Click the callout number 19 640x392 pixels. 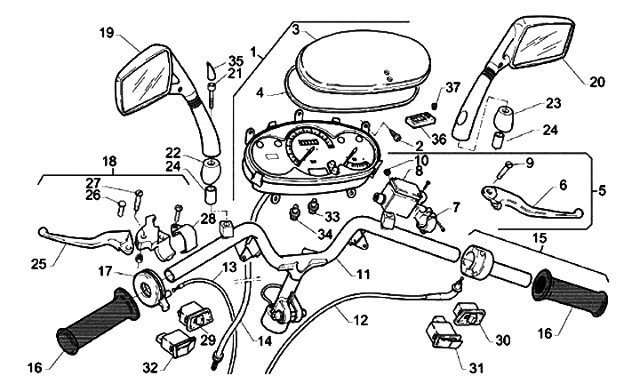[106, 33]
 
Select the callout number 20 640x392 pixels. [596, 81]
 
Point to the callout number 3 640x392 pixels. [294, 30]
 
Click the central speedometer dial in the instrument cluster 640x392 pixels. [307, 148]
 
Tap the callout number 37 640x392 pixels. [453, 86]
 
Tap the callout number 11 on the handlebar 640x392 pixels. [363, 275]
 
